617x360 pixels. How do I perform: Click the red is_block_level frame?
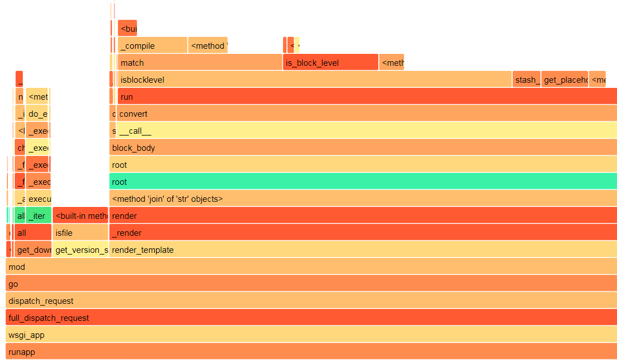coord(330,62)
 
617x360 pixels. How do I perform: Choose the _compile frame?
coord(152,45)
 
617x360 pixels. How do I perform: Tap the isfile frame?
coord(80,232)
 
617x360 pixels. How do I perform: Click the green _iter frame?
coord(39,215)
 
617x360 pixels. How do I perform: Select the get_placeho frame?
coord(564,79)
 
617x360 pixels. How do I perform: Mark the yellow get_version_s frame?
coord(80,249)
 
